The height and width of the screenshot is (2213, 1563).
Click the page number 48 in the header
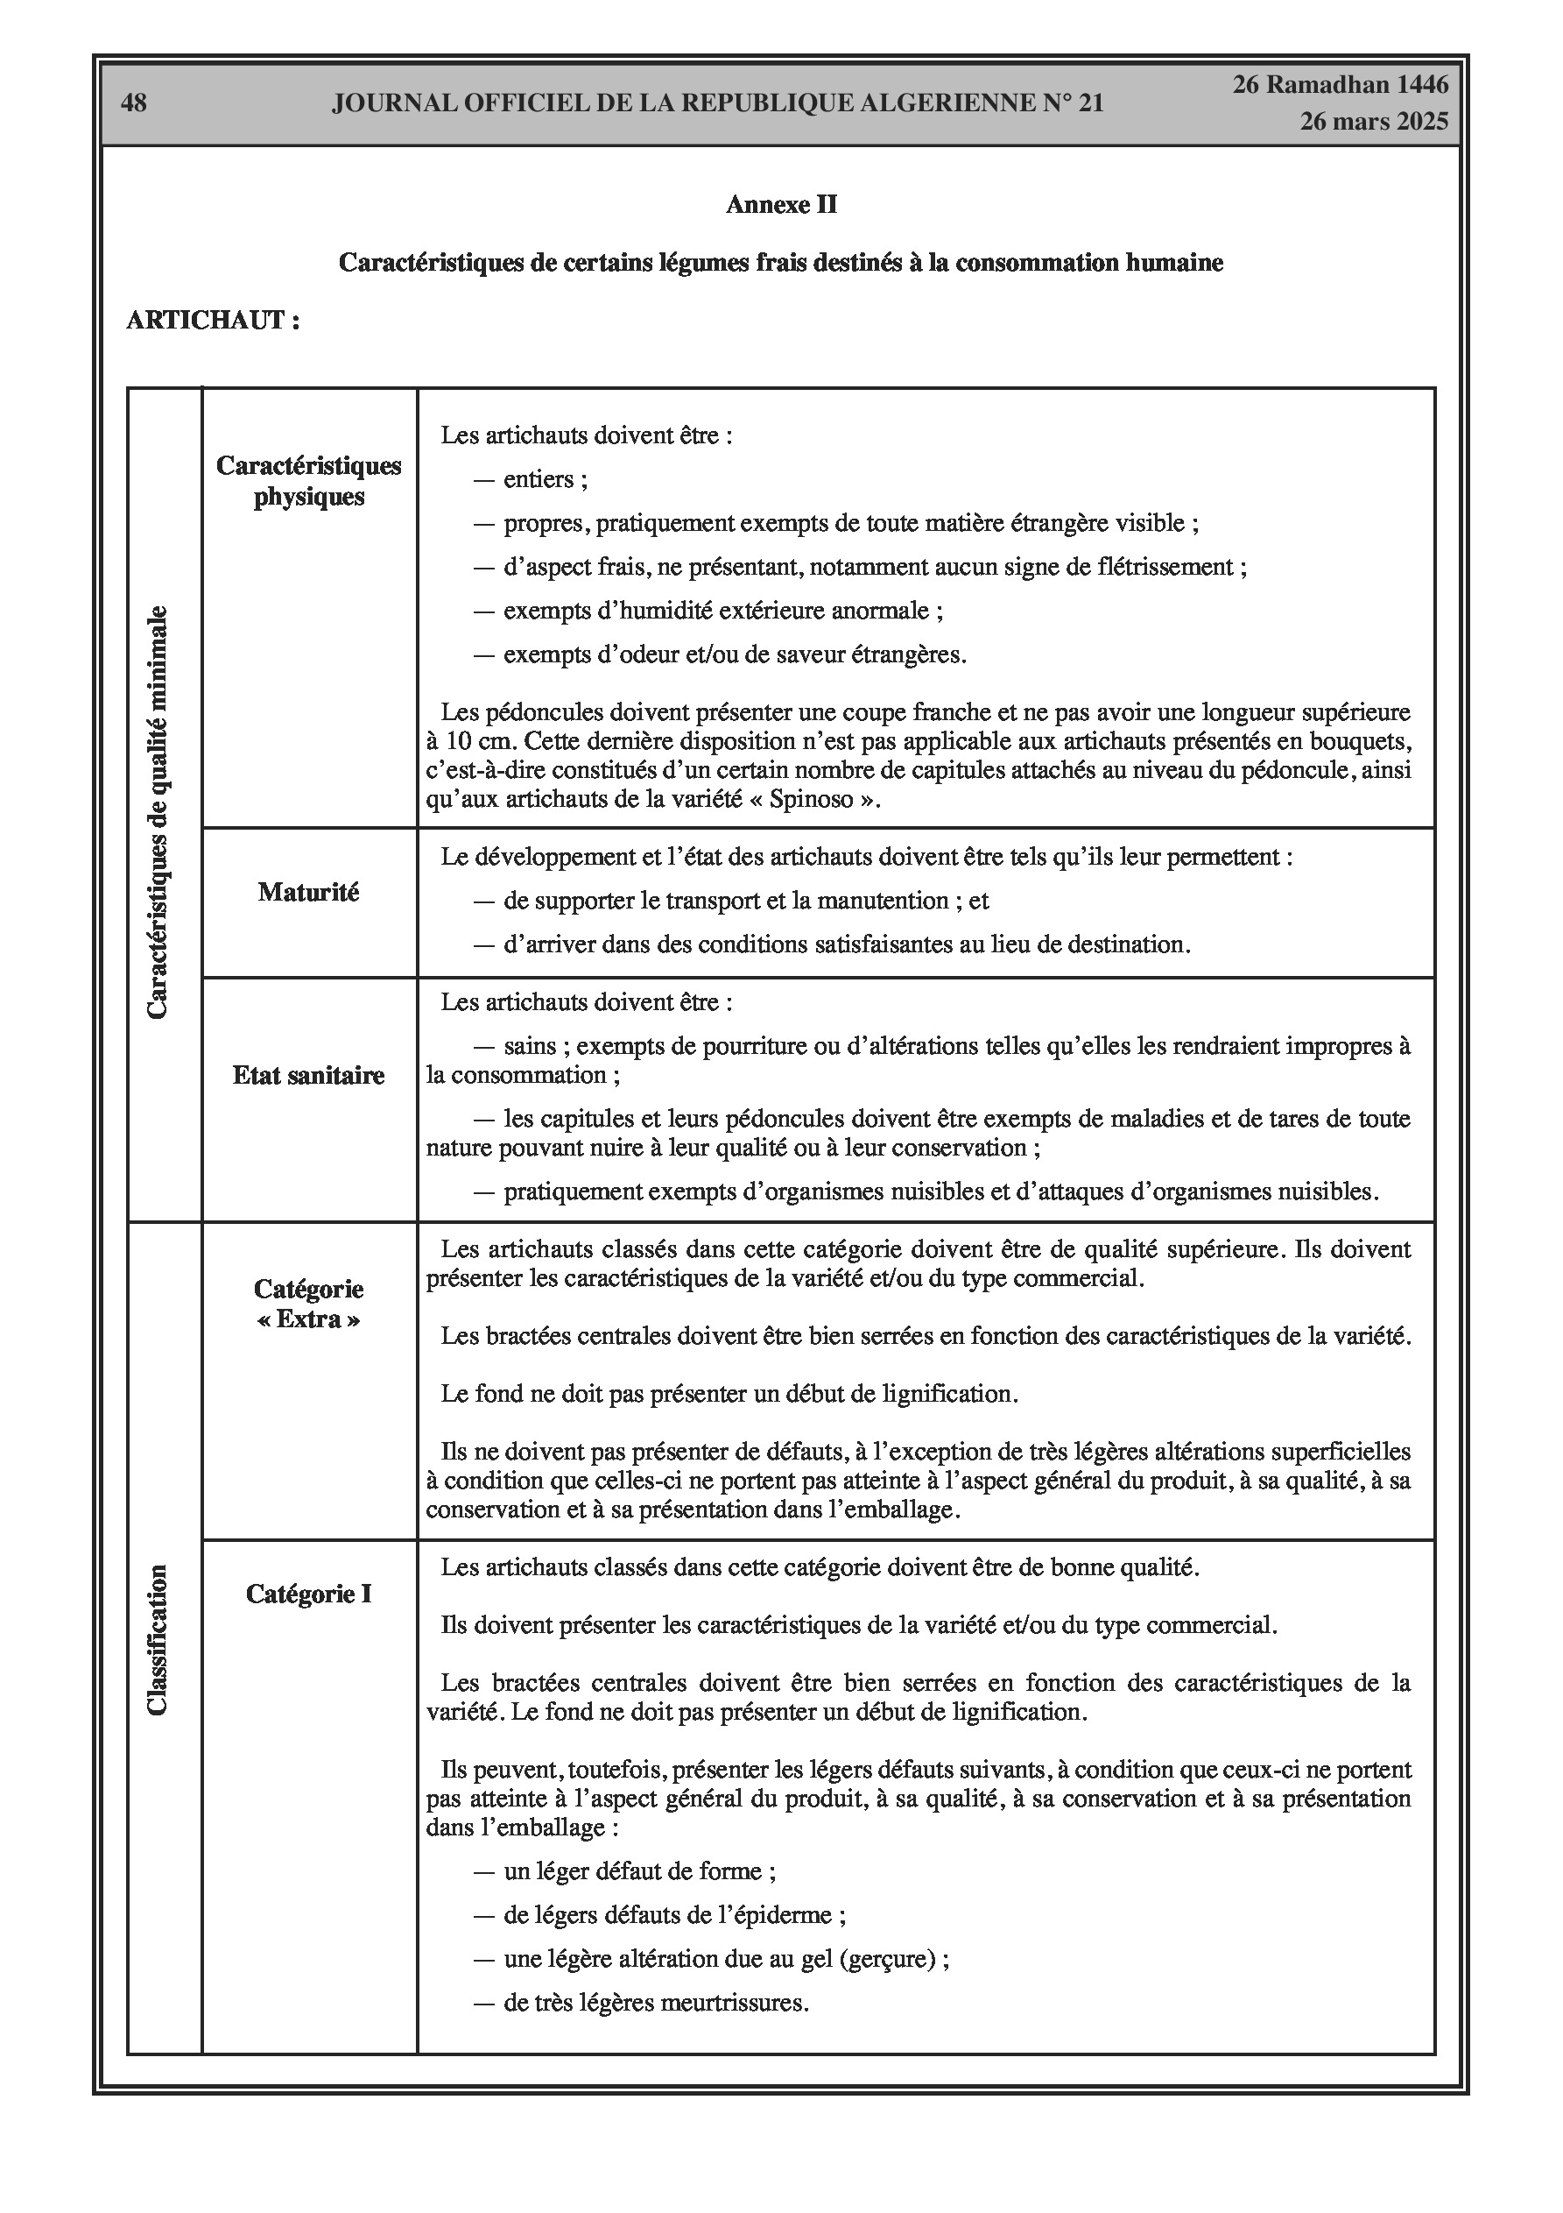pos(134,103)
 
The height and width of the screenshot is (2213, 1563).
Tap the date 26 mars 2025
pos(1373,122)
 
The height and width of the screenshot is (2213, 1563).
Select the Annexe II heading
pos(780,204)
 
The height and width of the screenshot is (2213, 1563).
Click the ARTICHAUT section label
pos(213,320)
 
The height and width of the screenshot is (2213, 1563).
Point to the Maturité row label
pos(308,893)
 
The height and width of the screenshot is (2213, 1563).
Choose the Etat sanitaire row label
pos(308,1076)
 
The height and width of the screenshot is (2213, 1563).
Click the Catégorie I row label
pos(308,1594)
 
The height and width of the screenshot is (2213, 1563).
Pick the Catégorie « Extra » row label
pos(308,1304)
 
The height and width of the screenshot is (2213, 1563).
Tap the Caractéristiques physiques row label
pos(308,481)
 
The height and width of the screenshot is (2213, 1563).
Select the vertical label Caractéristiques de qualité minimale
pos(157,811)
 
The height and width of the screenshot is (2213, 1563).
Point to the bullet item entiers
pos(545,479)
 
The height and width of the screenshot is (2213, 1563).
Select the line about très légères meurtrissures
pos(655,2003)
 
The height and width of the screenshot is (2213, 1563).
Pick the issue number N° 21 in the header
pos(1072,103)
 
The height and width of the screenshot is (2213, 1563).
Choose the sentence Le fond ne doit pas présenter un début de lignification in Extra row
pos(729,1394)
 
